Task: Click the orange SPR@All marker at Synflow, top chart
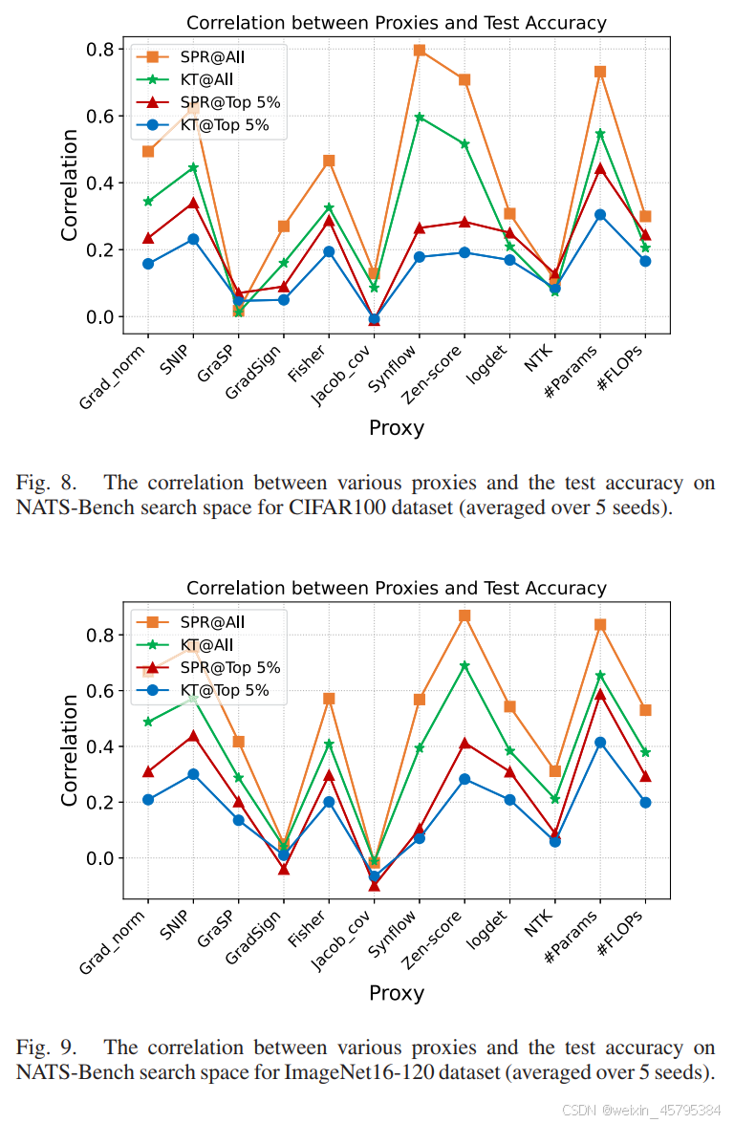click(419, 50)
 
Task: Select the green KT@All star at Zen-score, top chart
click(464, 144)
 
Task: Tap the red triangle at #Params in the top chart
click(600, 168)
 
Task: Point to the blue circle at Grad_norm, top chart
click(148, 264)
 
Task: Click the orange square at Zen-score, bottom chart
click(464, 615)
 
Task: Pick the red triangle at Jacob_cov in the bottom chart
click(374, 885)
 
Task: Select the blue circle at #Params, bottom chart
click(600, 742)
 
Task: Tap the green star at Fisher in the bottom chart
click(329, 744)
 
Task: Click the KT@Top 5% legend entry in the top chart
click(225, 124)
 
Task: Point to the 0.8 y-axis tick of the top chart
click(100, 49)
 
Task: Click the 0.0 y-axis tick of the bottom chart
click(100, 858)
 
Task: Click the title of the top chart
click(396, 23)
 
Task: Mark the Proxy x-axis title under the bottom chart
click(396, 994)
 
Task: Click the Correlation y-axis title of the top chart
click(70, 185)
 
